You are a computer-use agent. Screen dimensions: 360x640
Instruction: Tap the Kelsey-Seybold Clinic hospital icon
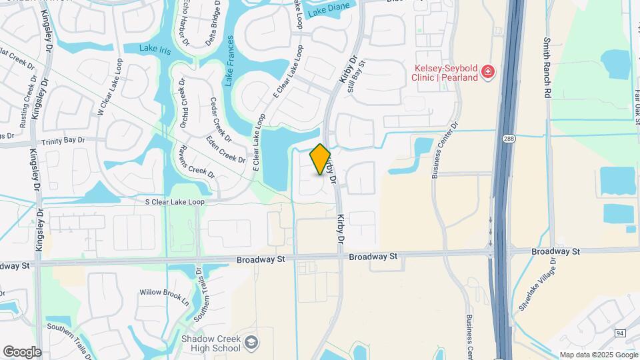point(489,71)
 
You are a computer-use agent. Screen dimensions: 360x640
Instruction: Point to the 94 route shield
point(620,333)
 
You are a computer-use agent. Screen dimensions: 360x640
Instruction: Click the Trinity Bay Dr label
point(63,141)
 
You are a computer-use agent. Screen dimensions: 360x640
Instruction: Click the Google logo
point(22,352)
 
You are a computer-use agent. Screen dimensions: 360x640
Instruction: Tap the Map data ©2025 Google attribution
point(597,355)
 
